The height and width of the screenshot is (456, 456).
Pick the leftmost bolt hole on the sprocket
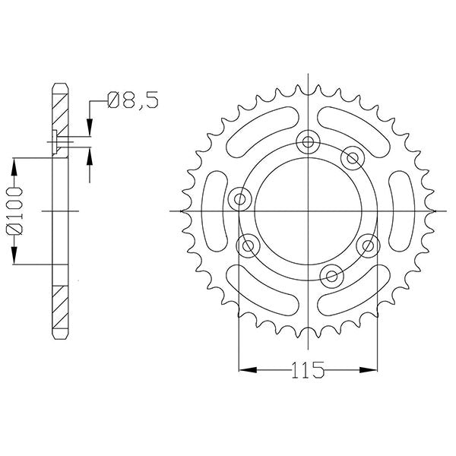pyautogui.click(x=241, y=200)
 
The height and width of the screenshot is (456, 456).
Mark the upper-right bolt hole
pyautogui.click(x=351, y=157)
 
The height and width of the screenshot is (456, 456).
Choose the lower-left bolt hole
pyautogui.click(x=248, y=245)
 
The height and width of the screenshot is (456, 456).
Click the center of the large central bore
pyautogui.click(x=308, y=209)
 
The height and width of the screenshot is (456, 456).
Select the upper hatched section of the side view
pyautogui.click(x=60, y=114)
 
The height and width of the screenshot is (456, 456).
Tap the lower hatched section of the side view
pyautogui.click(x=60, y=308)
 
